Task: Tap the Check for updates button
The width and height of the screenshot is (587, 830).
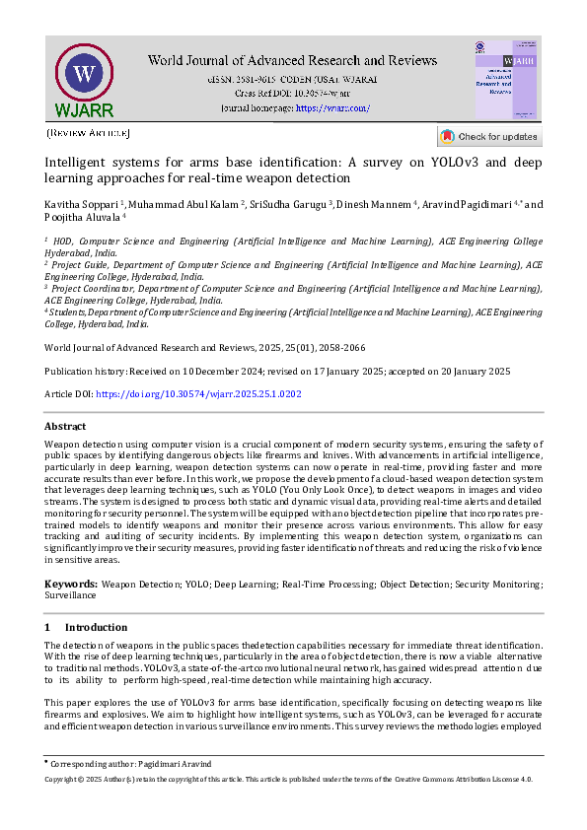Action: (489, 137)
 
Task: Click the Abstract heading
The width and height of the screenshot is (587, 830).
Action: (65, 426)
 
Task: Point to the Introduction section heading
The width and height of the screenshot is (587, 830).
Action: (96, 627)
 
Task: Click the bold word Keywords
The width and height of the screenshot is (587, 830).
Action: (70, 584)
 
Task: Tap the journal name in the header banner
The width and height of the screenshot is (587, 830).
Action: (292, 61)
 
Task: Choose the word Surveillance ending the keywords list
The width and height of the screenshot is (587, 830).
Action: (71, 595)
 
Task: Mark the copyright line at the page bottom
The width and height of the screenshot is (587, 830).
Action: (289, 779)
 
